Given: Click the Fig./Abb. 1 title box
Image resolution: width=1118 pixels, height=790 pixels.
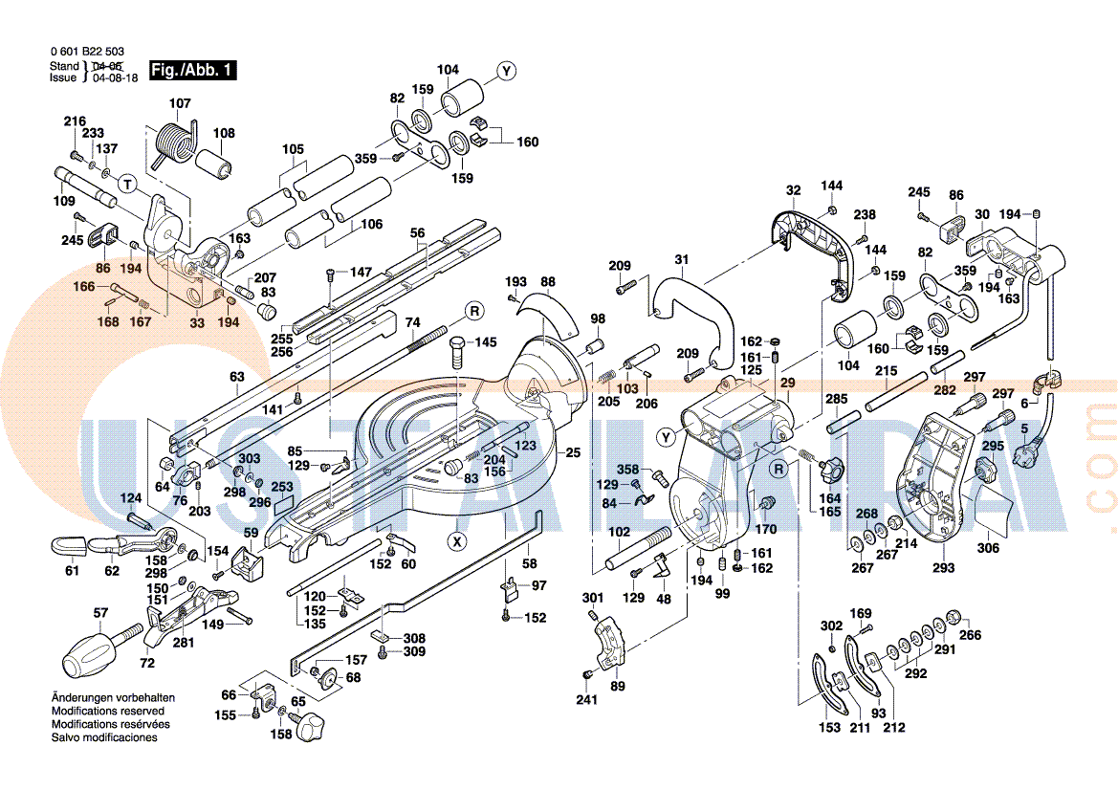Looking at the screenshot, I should coord(191,71).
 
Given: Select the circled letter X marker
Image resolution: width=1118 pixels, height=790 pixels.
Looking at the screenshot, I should coord(458,541).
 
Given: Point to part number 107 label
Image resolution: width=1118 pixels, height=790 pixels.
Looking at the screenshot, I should coord(180,103).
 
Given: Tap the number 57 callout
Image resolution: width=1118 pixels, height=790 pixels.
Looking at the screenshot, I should coord(100,613).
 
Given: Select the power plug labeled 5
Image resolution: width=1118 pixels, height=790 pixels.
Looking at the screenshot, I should coord(1032,450).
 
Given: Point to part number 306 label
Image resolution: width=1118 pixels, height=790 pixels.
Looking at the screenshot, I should coord(988,548).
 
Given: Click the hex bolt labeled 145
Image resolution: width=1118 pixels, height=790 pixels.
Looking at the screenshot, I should coord(457,354).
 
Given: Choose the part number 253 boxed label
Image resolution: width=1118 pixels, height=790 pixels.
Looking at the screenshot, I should coord(282,487).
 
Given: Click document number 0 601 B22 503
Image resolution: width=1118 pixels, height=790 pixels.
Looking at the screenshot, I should coord(86,52).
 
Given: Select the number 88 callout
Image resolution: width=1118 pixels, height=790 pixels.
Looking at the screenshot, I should coord(547,281).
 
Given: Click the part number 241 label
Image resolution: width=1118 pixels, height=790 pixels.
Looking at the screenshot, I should coord(586,700).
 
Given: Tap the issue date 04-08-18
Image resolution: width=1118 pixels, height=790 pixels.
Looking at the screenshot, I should coord(115,78).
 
